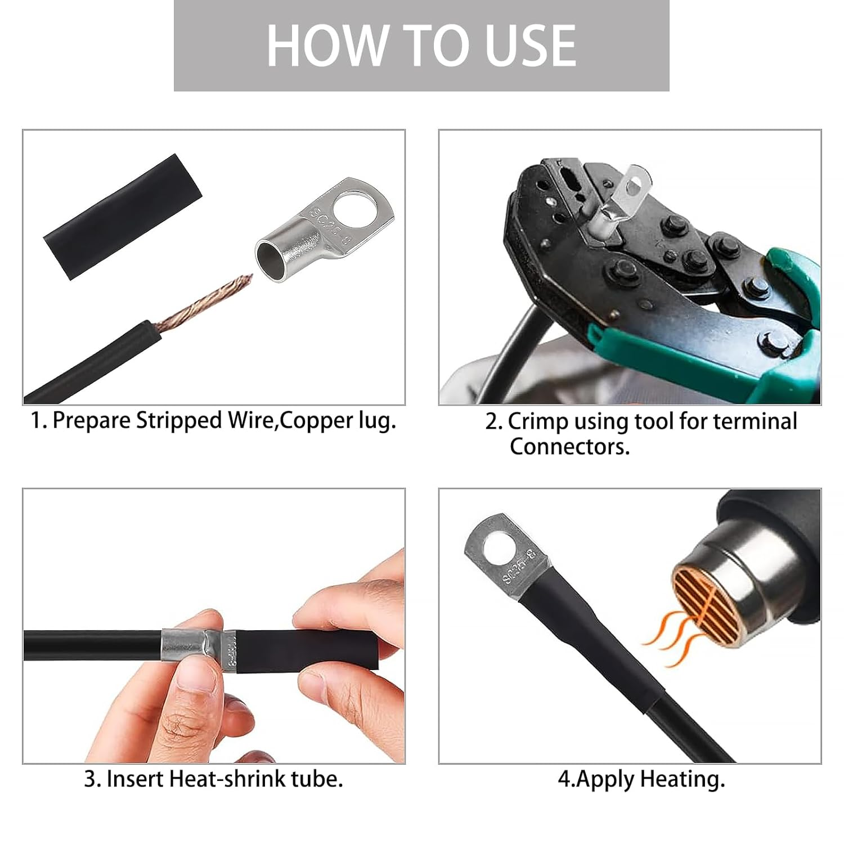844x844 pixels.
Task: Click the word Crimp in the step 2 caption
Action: (537, 421)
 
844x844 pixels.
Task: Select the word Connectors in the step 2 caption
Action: (569, 447)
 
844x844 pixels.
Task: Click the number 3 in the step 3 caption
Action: (90, 779)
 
